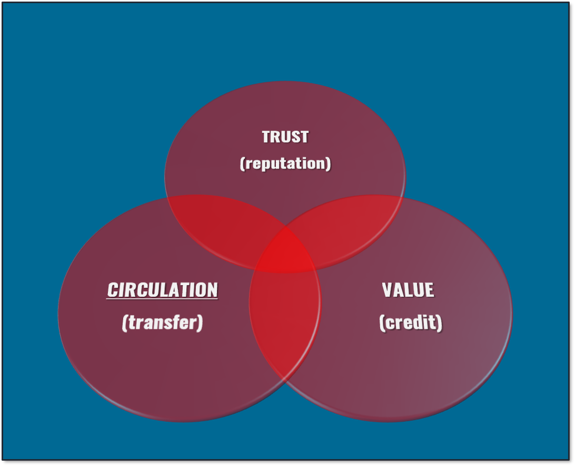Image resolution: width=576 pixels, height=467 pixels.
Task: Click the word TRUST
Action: tap(285, 137)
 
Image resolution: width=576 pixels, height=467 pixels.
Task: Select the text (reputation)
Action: tap(285, 163)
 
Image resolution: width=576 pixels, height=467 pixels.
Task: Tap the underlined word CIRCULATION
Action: tap(162, 290)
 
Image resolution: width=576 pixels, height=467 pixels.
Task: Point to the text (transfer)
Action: tap(162, 322)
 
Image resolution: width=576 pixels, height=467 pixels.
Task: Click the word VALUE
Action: tap(408, 290)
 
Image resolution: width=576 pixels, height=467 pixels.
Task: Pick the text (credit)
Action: tap(411, 323)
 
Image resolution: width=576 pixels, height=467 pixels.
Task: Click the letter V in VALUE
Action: tap(388, 290)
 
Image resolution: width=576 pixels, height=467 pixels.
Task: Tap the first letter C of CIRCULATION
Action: tap(113, 290)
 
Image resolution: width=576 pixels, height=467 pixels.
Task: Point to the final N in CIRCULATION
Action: tap(212, 290)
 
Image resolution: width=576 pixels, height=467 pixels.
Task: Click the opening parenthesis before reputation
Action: tap(242, 163)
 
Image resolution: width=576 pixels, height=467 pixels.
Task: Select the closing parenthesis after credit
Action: tap(440, 323)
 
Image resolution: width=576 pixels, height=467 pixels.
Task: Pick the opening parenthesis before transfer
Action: tap(125, 322)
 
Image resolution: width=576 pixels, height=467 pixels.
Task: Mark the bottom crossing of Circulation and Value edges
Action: tap(285, 381)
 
